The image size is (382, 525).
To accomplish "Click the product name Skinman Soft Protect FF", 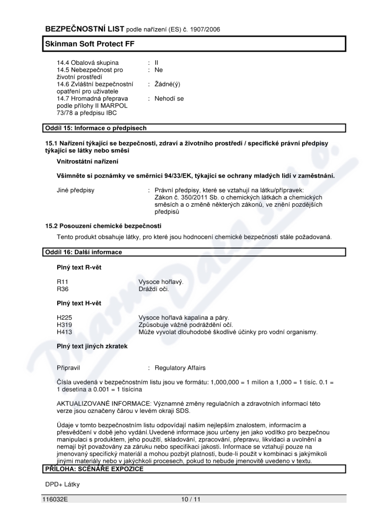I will (x=89, y=43).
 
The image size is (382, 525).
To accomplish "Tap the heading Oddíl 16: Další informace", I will (x=84, y=252).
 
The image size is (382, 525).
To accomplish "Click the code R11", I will (x=63, y=282).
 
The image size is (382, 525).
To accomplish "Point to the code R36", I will (x=63, y=289).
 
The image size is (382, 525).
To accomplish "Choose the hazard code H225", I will (x=64, y=317).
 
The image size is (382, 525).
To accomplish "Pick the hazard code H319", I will (x=64, y=325).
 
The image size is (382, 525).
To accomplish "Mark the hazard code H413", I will (x=64, y=332).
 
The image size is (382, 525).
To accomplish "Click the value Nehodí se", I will (x=169, y=99).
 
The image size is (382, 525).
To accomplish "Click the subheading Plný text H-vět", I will (x=79, y=303).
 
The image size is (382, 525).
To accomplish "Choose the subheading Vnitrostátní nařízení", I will (x=88, y=161).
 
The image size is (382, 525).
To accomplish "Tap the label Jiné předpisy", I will (x=75, y=190).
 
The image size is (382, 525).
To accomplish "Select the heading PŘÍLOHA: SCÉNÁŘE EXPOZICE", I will (x=94, y=469).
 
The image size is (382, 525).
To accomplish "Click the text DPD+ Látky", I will (x=63, y=484).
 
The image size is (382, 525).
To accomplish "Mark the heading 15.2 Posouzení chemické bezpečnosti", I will (x=103, y=225).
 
